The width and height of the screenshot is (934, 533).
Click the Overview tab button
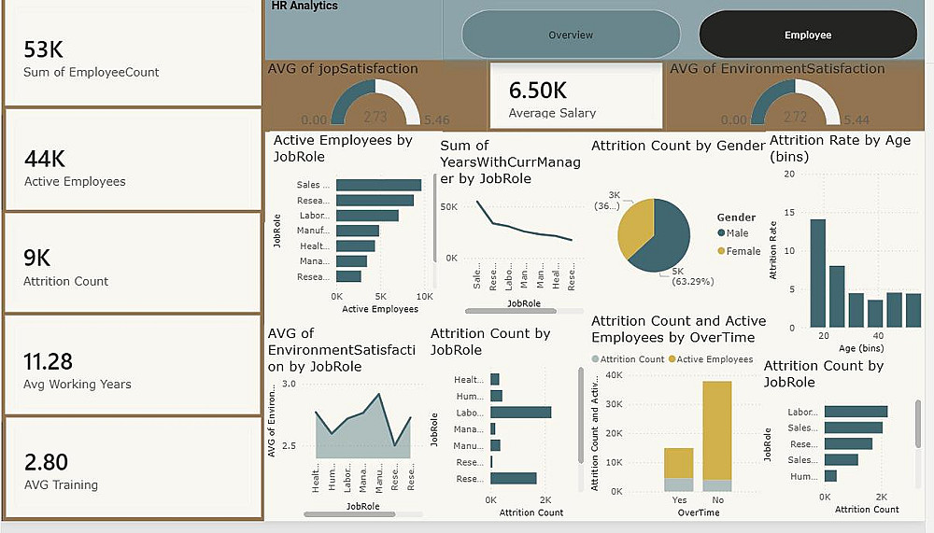click(x=571, y=35)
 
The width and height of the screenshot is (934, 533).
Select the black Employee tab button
click(x=808, y=35)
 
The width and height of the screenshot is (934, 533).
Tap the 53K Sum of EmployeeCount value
click(x=44, y=49)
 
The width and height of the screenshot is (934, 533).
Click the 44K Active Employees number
click(x=44, y=160)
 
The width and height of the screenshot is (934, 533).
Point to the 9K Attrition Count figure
click(x=37, y=259)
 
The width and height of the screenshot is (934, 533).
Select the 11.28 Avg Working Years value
click(x=49, y=361)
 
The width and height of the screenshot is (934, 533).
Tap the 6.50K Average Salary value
click(x=537, y=91)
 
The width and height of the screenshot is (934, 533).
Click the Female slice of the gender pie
click(x=635, y=229)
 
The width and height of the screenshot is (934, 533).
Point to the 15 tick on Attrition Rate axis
click(x=790, y=212)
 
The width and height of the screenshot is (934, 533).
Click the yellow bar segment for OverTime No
click(x=717, y=429)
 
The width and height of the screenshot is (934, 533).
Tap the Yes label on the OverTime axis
click(x=679, y=499)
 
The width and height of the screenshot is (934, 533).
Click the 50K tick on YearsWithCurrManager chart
click(x=448, y=206)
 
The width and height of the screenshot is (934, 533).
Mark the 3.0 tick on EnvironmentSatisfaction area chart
click(x=288, y=384)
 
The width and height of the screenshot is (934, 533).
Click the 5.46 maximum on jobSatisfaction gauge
click(x=436, y=120)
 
